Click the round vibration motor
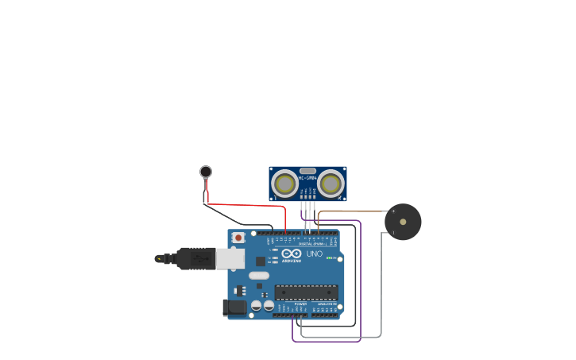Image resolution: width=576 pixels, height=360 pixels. (206, 172)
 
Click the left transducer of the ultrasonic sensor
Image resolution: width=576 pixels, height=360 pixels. (284, 184)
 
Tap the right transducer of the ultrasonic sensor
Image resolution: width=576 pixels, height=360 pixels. (330, 184)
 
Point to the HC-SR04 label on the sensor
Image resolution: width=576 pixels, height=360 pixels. (307, 177)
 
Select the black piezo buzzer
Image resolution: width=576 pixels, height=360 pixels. (403, 222)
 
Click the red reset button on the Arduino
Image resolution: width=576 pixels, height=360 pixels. (238, 238)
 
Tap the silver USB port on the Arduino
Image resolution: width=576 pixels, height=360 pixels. (230, 258)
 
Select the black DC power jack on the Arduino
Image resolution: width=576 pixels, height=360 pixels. (235, 307)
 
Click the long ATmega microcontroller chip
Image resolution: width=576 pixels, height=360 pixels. (306, 292)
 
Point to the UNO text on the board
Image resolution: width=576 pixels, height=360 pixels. (315, 254)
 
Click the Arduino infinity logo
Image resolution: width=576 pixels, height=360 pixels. (291, 254)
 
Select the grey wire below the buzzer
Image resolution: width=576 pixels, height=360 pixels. (381, 286)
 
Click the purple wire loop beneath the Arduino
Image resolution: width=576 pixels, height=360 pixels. (326, 341)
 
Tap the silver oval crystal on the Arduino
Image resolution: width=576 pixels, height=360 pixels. (259, 276)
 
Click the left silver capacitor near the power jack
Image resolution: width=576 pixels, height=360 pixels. (257, 305)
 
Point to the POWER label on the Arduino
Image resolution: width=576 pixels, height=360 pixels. (300, 304)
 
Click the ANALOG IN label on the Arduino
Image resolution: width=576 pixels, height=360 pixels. (327, 304)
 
